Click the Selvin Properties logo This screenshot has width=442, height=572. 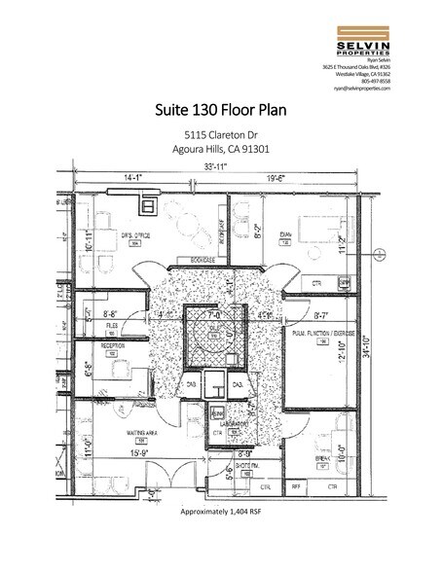[x=360, y=36]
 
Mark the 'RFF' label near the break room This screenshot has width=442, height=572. [x=296, y=484]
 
